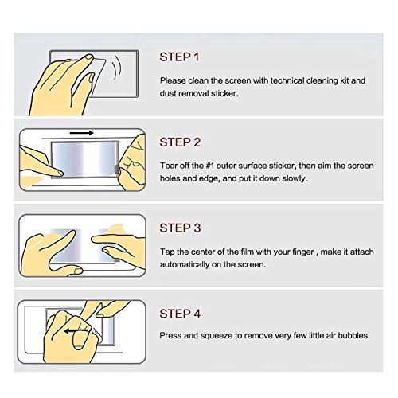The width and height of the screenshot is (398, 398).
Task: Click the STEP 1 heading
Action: [x=179, y=57]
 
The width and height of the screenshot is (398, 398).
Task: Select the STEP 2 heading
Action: [x=180, y=142]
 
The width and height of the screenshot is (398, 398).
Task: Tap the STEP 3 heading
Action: [x=180, y=228]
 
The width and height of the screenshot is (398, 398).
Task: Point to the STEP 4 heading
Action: [x=180, y=314]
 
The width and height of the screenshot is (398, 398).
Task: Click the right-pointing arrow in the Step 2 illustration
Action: [x=82, y=133]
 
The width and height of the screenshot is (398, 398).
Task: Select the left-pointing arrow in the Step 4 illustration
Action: [x=76, y=331]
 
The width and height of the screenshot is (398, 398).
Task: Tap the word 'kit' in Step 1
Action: [x=345, y=80]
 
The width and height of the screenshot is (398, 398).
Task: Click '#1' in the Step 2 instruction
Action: [x=210, y=166]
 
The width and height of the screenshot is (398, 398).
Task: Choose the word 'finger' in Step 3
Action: [x=303, y=252]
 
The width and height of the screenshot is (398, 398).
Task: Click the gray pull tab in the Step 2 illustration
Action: [x=116, y=169]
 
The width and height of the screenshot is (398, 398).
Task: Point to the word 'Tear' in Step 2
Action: [x=168, y=166]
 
